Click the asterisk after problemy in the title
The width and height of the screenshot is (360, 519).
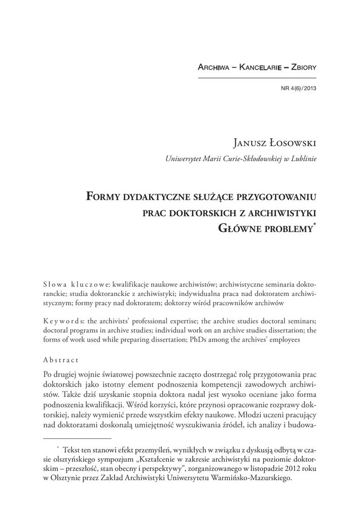pos(315,224)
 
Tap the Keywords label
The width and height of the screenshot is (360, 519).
pos(64,321)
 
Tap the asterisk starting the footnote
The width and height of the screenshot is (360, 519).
pos(58,447)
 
